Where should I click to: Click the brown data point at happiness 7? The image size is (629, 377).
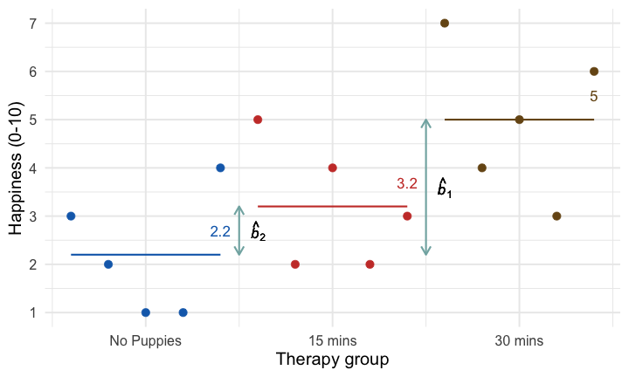pos(445,24)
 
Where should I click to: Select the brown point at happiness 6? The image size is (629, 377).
pos(594,72)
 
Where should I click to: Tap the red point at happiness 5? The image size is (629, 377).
pos(258,120)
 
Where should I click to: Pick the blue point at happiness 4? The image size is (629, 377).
pos(220,168)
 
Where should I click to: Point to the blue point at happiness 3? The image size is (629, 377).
pos(71,216)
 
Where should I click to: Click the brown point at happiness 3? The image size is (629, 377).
pos(556,216)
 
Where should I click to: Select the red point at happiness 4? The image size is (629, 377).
pos(333,168)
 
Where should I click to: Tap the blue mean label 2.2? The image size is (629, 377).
pos(220,232)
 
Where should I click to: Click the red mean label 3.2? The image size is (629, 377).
pos(407,184)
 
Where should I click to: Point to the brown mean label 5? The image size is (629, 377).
pos(594,97)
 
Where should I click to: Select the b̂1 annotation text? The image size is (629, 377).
pos(445,188)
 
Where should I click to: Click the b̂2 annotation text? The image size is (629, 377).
pos(258,231)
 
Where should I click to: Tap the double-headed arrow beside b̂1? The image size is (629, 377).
pos(425,188)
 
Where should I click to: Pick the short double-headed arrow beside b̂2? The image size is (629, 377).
pos(239,231)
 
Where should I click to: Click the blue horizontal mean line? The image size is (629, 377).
pos(145,255)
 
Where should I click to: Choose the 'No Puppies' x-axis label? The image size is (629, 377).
pos(145,341)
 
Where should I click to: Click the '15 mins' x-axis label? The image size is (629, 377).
pos(332,341)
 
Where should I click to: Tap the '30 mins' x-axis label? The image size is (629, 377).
pos(519,341)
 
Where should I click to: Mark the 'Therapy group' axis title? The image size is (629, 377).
pos(332,360)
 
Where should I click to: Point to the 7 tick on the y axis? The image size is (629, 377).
pos(31,24)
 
